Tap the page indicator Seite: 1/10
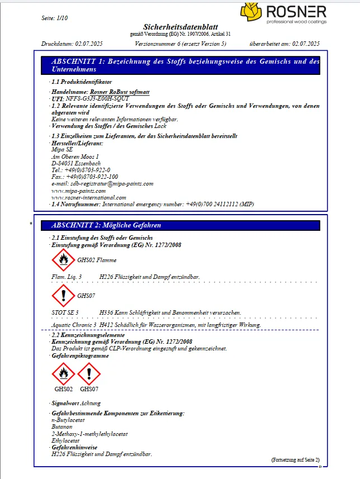pyautogui.click(x=54, y=18)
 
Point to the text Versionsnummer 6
pyautogui.click(x=157, y=44)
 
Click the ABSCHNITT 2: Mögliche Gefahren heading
pyautogui.click(x=106, y=225)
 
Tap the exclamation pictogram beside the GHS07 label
pyautogui.click(x=63, y=296)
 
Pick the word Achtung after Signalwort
pyautogui.click(x=90, y=403)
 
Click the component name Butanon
pyautogui.click(x=61, y=426)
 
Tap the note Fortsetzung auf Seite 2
pyautogui.click(x=295, y=460)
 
